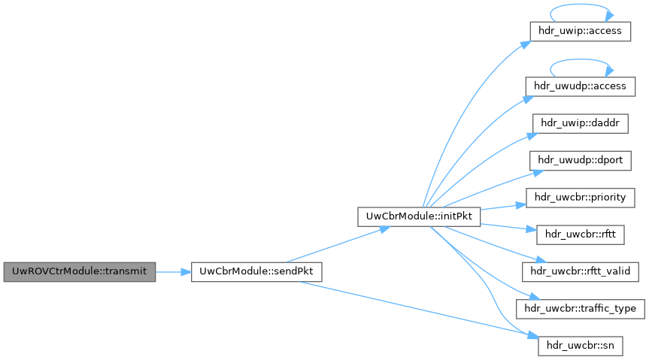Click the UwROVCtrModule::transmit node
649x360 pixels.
pyautogui.click(x=79, y=272)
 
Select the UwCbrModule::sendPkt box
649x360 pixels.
pyautogui.click(x=256, y=272)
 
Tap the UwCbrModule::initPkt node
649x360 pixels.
pyautogui.click(x=419, y=216)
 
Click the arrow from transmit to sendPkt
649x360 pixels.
pyautogui.click(x=173, y=272)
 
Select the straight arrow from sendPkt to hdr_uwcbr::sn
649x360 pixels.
pyautogui.click(x=421, y=310)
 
